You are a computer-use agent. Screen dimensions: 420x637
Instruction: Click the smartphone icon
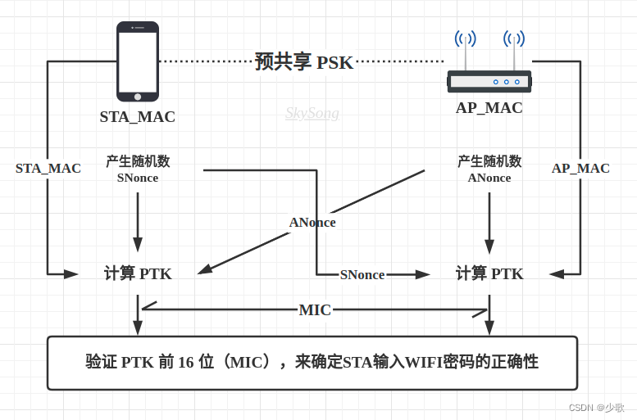[137, 61]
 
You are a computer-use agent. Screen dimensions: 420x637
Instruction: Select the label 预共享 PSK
[303, 62]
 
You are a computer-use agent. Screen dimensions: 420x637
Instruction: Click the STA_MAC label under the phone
[137, 116]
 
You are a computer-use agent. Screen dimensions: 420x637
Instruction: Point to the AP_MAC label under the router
[489, 107]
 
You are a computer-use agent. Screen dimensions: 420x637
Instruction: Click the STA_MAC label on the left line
[48, 168]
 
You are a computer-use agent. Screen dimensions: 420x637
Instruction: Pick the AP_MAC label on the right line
[580, 168]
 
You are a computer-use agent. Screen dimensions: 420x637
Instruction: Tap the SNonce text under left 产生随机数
[137, 178]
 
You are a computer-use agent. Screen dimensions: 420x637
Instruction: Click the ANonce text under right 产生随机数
[489, 178]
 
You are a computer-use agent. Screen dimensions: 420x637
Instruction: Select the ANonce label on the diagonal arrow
[312, 222]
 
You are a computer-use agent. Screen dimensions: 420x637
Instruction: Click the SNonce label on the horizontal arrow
[362, 274]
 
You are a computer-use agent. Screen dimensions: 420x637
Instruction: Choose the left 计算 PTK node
[138, 273]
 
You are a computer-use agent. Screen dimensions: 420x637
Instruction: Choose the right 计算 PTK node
[489, 273]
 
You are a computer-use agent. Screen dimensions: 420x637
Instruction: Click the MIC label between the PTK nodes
[315, 309]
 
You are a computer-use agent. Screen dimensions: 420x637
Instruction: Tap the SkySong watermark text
[312, 113]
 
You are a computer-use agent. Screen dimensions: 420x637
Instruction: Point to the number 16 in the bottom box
[185, 362]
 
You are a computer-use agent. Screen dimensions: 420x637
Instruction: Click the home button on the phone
[138, 97]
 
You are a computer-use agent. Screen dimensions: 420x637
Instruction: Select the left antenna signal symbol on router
[466, 38]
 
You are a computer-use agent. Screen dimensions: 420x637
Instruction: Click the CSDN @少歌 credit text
[596, 407]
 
